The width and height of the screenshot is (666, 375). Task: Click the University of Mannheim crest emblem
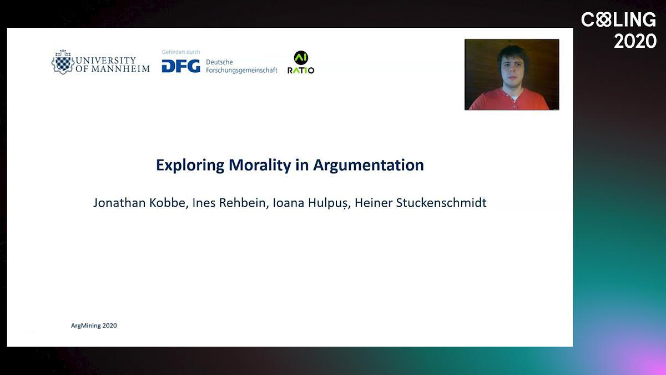pos(63,62)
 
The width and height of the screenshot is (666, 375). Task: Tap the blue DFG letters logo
pos(181,66)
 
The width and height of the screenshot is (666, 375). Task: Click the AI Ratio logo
pos(301,62)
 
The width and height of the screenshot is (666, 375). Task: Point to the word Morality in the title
pos(260,165)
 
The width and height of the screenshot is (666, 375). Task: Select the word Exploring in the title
pos(190,166)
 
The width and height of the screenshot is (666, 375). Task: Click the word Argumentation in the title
pos(369,165)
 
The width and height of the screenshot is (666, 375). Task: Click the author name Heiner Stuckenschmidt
pos(421,203)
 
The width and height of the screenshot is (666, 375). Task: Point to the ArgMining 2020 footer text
pos(94,326)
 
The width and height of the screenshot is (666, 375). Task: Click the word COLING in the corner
pos(618,19)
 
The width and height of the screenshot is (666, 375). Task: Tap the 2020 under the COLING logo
pos(635,41)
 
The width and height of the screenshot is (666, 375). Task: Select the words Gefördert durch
pos(181,52)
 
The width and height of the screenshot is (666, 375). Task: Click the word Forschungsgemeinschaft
pos(241,70)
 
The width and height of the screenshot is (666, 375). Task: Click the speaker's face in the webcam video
pos(512,71)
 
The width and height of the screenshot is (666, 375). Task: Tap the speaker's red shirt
pos(509,99)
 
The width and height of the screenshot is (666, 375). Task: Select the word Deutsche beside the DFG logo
pos(219,62)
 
